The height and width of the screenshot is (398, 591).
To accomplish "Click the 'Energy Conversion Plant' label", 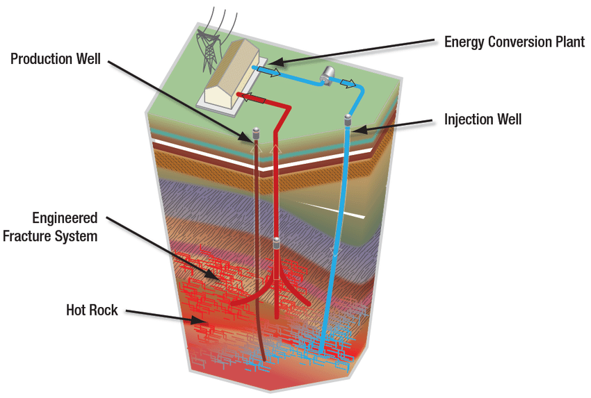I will [x=515, y=42].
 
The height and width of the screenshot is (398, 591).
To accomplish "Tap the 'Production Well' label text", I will [x=55, y=59].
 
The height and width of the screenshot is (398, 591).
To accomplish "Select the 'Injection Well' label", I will [x=483, y=119].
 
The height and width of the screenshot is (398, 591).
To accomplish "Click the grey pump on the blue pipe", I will [x=327, y=74].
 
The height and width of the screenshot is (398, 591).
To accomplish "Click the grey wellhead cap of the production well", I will [x=255, y=133].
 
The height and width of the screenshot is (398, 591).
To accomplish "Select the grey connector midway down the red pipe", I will [x=277, y=244].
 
